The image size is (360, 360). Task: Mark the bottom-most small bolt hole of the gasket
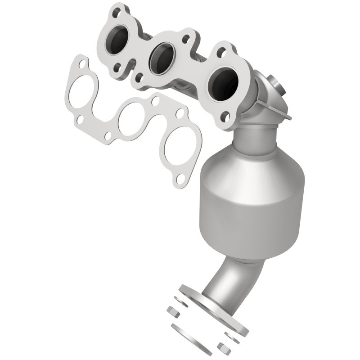180,179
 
